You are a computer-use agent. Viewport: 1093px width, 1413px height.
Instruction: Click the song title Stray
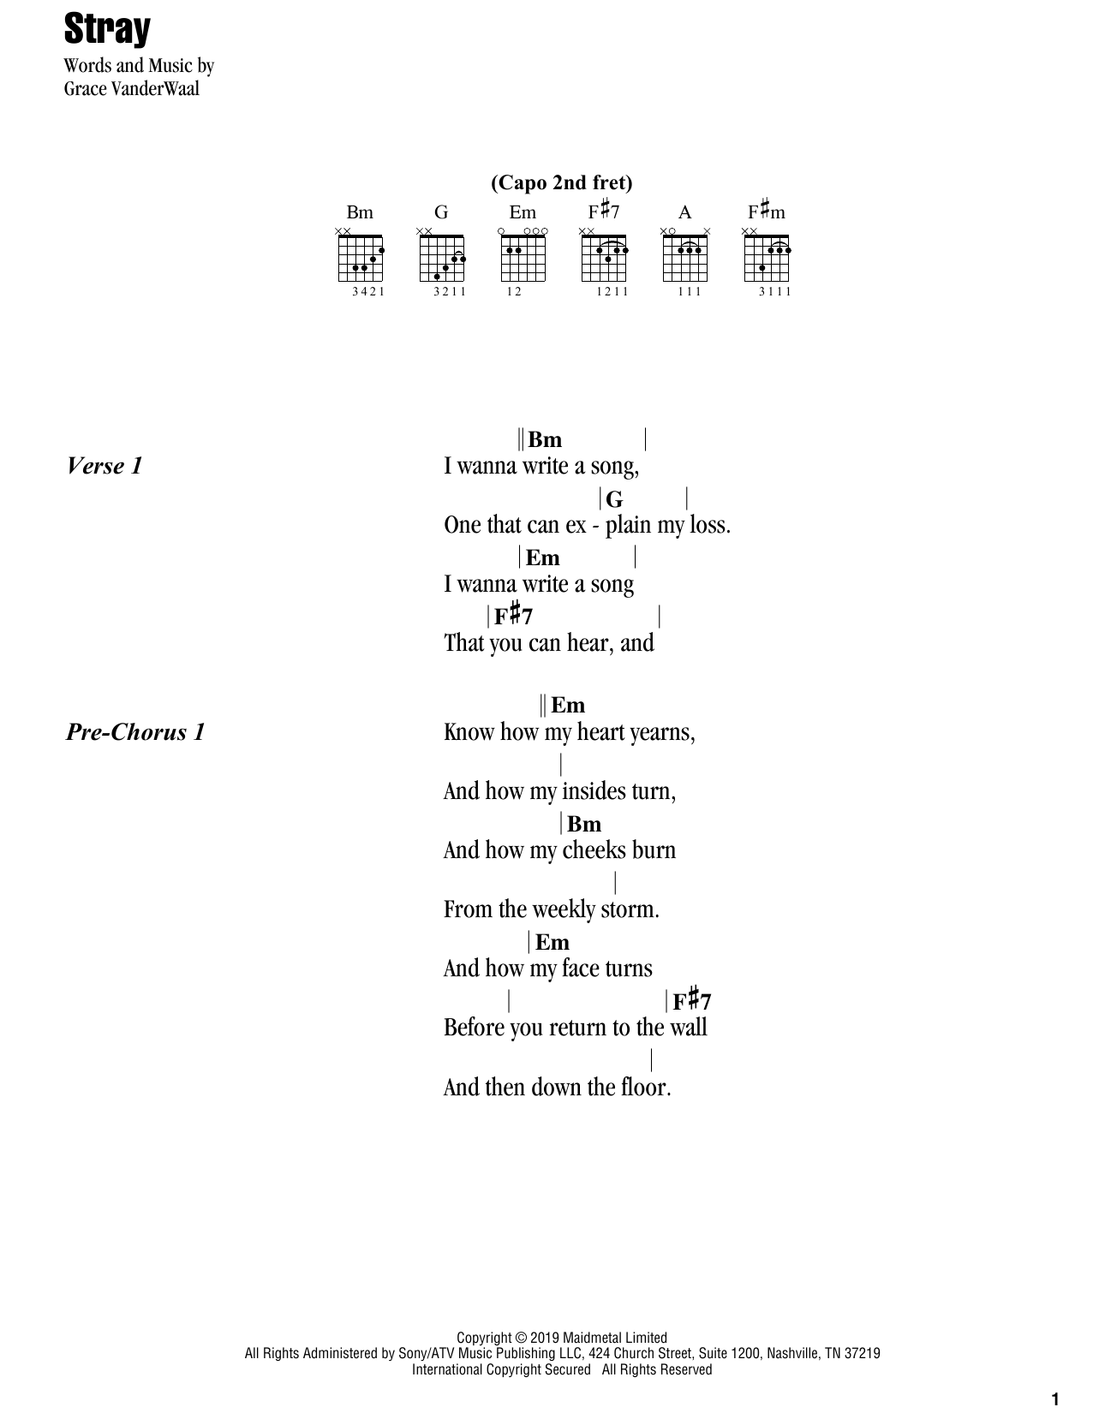(107, 30)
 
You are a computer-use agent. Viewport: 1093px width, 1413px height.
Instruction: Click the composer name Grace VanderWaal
(131, 89)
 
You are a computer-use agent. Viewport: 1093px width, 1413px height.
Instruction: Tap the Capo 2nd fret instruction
(561, 182)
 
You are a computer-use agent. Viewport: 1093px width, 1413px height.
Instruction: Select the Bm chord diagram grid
(360, 258)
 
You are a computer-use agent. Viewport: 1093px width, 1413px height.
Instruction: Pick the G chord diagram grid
(441, 258)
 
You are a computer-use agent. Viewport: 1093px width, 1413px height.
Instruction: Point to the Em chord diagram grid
(523, 258)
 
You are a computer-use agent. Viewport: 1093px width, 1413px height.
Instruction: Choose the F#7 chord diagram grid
(604, 258)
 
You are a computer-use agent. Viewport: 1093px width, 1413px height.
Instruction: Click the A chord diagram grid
(685, 258)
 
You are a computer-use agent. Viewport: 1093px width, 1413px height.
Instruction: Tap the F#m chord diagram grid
(767, 258)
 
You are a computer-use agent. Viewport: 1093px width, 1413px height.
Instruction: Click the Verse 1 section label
(104, 466)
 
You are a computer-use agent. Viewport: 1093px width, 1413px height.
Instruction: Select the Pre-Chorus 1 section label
(135, 732)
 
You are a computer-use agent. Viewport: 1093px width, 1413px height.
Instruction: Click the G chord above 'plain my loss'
(614, 499)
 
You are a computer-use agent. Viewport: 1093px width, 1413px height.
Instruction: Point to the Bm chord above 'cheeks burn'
(584, 824)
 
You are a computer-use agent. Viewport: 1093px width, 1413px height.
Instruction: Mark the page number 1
(1055, 1399)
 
